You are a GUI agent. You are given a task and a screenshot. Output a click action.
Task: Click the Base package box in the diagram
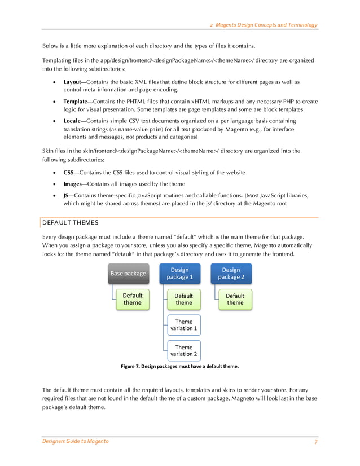(128, 274)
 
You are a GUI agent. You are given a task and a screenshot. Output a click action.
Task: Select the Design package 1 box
(179, 274)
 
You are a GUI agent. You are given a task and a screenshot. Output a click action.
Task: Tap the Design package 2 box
(231, 274)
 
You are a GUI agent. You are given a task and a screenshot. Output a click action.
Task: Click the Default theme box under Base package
(133, 299)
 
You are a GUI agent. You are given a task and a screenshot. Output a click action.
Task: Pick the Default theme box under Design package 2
(235, 299)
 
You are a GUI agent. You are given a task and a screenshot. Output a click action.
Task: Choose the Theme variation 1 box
(184, 325)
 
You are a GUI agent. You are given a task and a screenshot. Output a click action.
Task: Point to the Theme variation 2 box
(184, 351)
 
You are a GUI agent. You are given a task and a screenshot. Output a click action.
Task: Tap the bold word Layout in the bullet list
(74, 82)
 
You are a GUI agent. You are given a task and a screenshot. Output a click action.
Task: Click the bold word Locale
(74, 121)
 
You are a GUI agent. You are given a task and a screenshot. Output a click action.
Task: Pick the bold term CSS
(69, 172)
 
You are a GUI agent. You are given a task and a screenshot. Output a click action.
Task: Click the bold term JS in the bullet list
(67, 195)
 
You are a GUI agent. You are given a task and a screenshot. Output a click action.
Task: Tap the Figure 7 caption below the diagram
(179, 366)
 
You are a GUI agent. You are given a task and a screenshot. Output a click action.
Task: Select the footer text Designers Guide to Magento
(76, 441)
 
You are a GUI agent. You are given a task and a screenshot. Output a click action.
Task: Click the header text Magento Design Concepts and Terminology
(266, 25)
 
